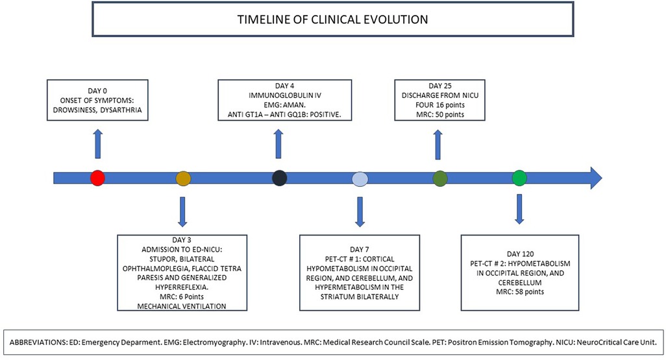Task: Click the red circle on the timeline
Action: (97, 178)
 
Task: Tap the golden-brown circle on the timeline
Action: (184, 178)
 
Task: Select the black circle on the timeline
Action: (279, 178)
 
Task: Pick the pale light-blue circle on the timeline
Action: (360, 179)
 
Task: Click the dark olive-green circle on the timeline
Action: (440, 178)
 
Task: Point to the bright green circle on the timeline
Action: (519, 178)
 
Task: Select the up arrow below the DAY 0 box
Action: (97, 144)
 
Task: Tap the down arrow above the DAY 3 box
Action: (182, 211)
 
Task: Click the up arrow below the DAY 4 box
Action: (278, 144)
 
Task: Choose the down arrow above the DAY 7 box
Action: (360, 211)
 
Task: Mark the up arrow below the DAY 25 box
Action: (438, 145)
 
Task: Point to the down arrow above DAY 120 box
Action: (519, 208)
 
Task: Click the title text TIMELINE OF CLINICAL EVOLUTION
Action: (332, 19)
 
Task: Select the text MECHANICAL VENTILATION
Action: (182, 306)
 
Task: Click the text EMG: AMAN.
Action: (284, 105)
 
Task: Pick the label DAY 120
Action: (520, 254)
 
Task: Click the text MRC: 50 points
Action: (439, 115)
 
